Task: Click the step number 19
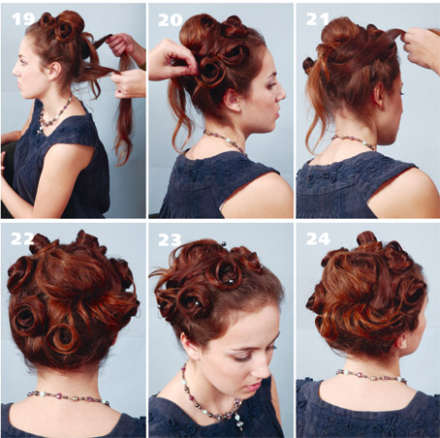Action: pyautogui.click(x=23, y=19)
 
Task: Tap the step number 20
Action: pyautogui.click(x=171, y=20)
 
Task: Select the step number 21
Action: pyautogui.click(x=317, y=19)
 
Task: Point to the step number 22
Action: pyautogui.click(x=22, y=238)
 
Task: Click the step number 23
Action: pyautogui.click(x=170, y=240)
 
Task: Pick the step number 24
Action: pyautogui.click(x=318, y=239)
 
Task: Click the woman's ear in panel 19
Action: pyautogui.click(x=55, y=71)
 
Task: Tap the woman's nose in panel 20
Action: pyautogui.click(x=282, y=94)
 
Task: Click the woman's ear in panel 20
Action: pyautogui.click(x=232, y=100)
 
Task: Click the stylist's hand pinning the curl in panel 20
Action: pyautogui.click(x=172, y=60)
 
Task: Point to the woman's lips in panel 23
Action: pyautogui.click(x=252, y=387)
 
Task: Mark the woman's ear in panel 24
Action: pyautogui.click(x=402, y=342)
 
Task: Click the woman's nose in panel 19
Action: pyautogui.click(x=16, y=71)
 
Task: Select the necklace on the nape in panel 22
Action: pyautogui.click(x=68, y=397)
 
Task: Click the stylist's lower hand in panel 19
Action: pyautogui.click(x=129, y=83)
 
